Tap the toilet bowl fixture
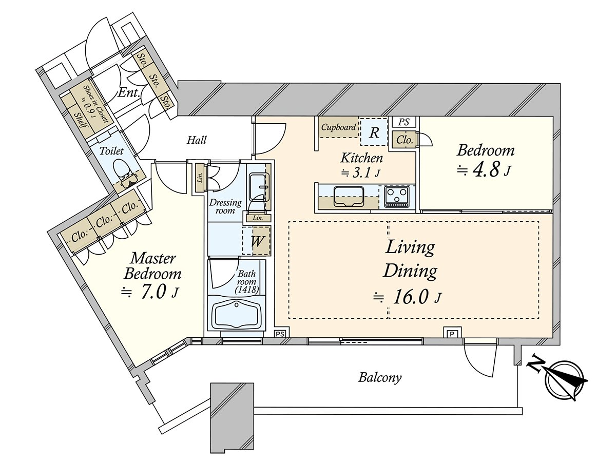[x=122, y=169]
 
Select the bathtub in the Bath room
[x=236, y=314]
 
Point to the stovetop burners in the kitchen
[x=396, y=196]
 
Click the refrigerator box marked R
[x=374, y=133]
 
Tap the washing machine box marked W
[x=257, y=241]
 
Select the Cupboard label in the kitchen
[x=339, y=127]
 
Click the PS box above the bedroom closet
[x=403, y=122]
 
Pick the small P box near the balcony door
[x=451, y=333]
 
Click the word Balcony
[x=380, y=378]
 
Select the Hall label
[x=197, y=140]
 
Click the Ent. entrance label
[x=127, y=92]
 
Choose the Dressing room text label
[x=224, y=206]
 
